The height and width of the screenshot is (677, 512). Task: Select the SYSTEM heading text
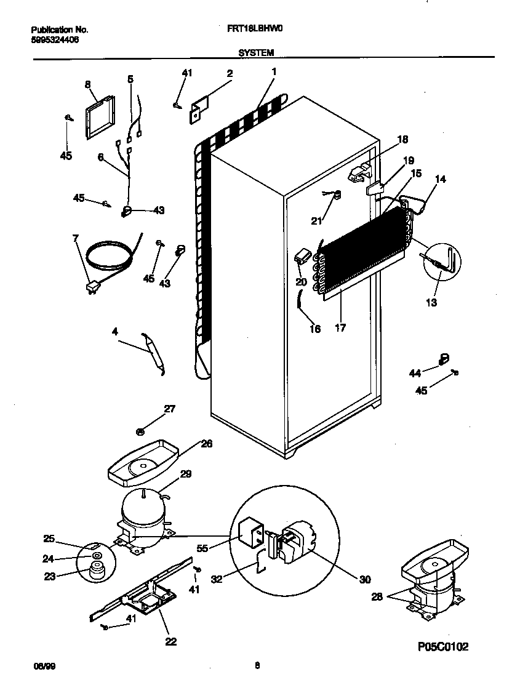pyautogui.click(x=256, y=53)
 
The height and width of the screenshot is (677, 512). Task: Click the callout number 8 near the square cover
pyautogui.click(x=87, y=84)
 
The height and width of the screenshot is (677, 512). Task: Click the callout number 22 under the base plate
pyautogui.click(x=171, y=641)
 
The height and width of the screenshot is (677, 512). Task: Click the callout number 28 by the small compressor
pyautogui.click(x=378, y=596)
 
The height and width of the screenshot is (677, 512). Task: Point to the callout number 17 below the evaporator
pyautogui.click(x=340, y=329)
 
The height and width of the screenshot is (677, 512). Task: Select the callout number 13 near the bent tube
pyautogui.click(x=432, y=302)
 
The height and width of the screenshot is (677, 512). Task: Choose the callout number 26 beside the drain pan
pyautogui.click(x=207, y=444)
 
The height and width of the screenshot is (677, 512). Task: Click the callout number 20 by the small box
pyautogui.click(x=301, y=282)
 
